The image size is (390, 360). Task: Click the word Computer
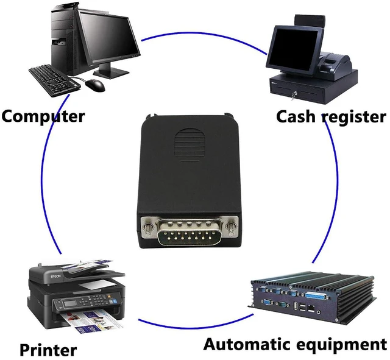coord(43,116)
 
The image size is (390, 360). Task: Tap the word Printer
coord(48,350)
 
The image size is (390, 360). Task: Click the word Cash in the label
coord(296,116)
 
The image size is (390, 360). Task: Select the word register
coord(354,118)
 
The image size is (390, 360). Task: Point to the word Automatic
coord(248,344)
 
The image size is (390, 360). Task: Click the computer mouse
coord(95,85)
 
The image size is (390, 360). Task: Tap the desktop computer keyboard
coord(54,80)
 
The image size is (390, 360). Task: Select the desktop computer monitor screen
coord(110,37)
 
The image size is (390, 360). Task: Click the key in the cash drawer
coord(294,96)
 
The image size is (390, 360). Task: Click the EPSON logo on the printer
coord(55,277)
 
